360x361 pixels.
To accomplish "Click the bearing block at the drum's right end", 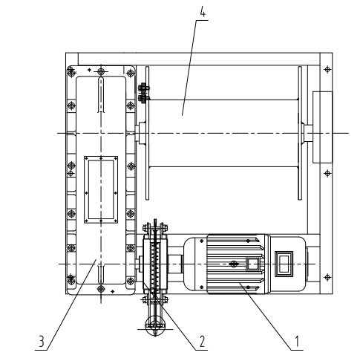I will click(323, 127).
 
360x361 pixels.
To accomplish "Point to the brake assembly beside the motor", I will click(154, 264).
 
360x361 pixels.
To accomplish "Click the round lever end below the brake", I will click(154, 325).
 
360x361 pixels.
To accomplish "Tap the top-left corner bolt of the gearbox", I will click(71, 71).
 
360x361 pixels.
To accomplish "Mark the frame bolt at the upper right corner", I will click(327, 69).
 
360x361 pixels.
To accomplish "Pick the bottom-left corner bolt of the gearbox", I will click(71, 279).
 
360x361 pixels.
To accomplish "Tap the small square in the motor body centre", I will click(252, 264).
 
